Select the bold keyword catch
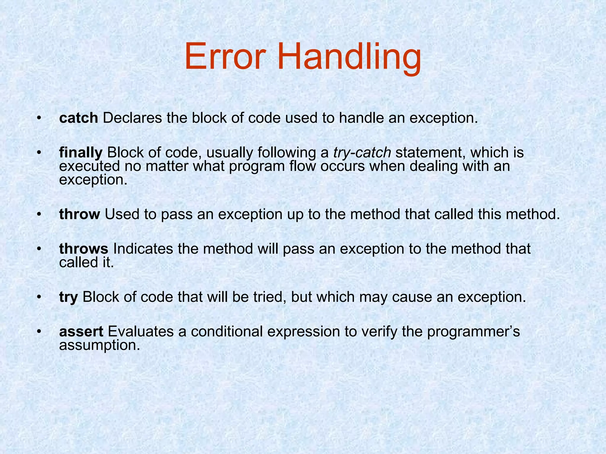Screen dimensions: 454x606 pyautogui.click(x=78, y=118)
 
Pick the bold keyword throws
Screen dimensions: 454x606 pyautogui.click(x=84, y=249)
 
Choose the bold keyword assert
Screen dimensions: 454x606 pyautogui.click(x=81, y=332)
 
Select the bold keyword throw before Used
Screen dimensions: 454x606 pyautogui.click(x=80, y=214)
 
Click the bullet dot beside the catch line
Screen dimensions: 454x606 pyautogui.click(x=38, y=119)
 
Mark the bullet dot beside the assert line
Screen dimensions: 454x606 pyautogui.click(x=38, y=332)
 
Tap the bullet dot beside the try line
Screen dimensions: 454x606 pyautogui.click(x=38, y=297)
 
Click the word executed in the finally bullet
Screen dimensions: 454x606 pyautogui.click(x=89, y=166)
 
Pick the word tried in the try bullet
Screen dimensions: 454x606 pyautogui.click(x=270, y=297)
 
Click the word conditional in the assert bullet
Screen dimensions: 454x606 pyautogui.click(x=227, y=332)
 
